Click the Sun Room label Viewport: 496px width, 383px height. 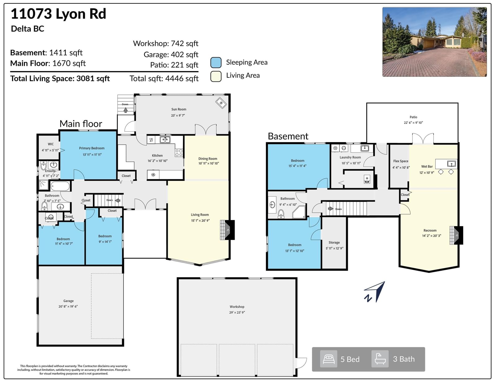click(x=179, y=109)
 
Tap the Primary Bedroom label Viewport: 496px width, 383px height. click(x=92, y=148)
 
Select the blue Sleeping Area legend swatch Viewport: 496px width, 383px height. click(x=216, y=63)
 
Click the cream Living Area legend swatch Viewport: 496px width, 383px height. click(x=216, y=76)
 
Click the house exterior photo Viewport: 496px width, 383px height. click(x=435, y=42)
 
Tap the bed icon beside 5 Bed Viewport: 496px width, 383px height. click(x=329, y=359)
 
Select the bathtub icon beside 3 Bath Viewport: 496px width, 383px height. click(x=380, y=359)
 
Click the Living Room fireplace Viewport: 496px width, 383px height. click(x=227, y=230)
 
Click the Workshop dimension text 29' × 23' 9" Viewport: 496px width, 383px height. click(x=237, y=312)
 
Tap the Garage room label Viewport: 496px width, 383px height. click(x=69, y=301)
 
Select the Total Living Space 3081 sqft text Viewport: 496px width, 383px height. click(x=60, y=79)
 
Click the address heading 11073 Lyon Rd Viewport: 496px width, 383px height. click(x=58, y=14)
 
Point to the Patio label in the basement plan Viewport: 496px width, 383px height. click(x=413, y=117)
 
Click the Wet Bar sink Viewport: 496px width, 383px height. click(x=451, y=163)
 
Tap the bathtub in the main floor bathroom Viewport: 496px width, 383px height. click(x=60, y=186)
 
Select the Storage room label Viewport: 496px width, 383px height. click(x=334, y=242)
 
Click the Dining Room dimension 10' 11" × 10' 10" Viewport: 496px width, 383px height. click(x=209, y=163)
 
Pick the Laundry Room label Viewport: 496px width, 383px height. click(x=350, y=157)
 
